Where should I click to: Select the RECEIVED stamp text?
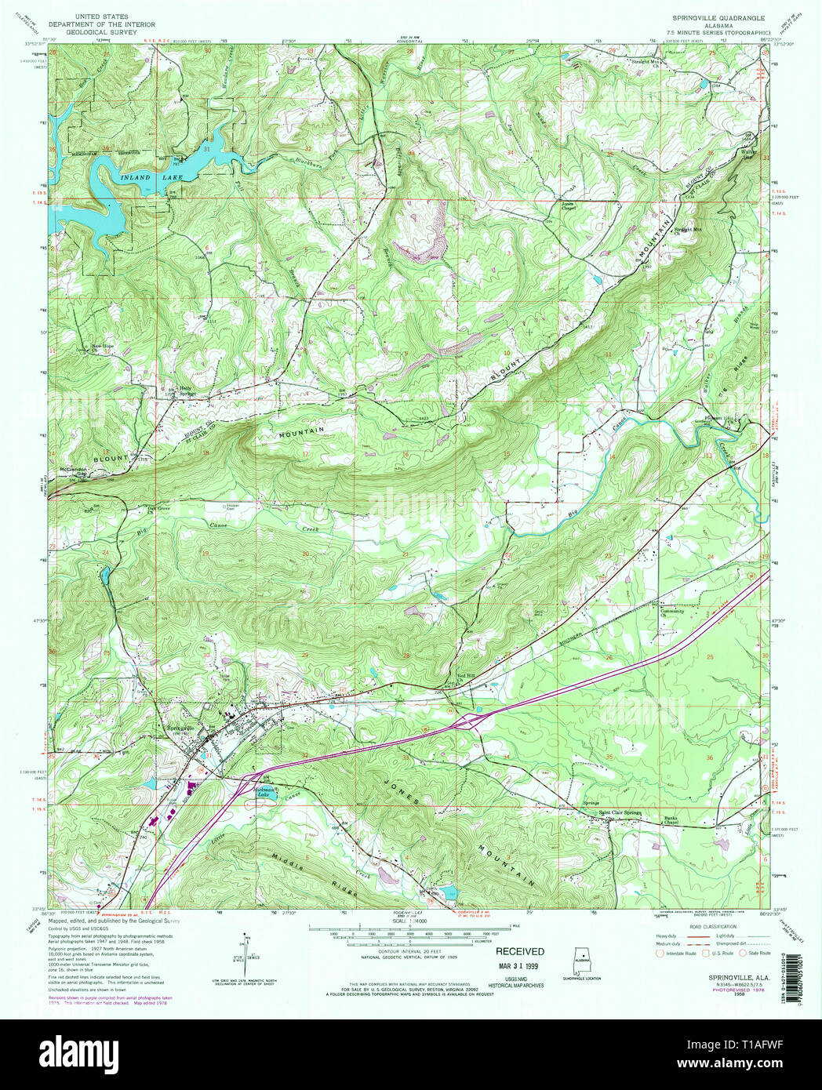(x=519, y=951)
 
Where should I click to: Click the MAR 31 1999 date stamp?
(x=519, y=965)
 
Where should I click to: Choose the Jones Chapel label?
(x=569, y=206)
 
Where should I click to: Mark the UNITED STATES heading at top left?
(x=102, y=16)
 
